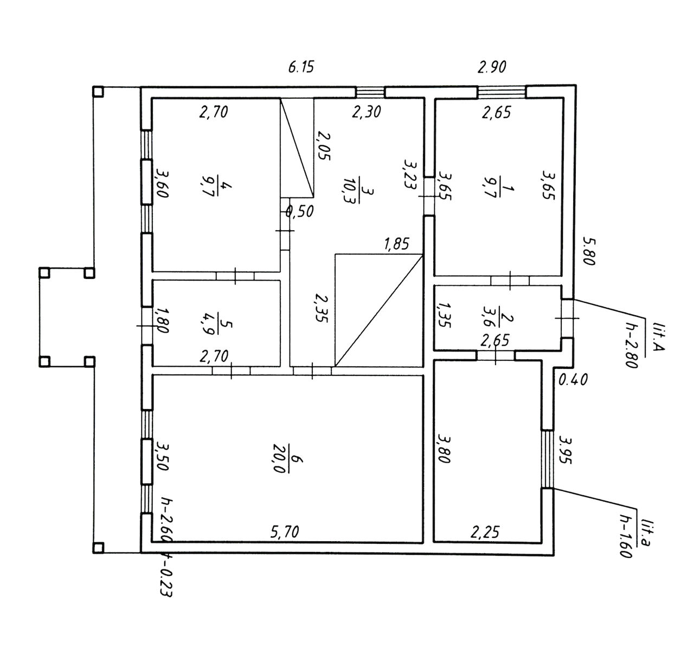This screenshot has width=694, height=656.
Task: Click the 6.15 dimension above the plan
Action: (x=301, y=67)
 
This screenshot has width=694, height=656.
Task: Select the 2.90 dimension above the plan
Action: (x=492, y=67)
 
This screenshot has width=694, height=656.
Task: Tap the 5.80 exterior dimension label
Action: (x=589, y=251)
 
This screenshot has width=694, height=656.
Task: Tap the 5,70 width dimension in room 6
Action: (x=285, y=532)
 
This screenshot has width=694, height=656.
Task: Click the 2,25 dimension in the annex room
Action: (x=485, y=532)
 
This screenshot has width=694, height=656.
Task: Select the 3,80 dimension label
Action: (x=443, y=448)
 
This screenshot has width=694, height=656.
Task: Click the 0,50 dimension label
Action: (x=300, y=211)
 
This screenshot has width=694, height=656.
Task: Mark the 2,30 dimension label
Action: (x=367, y=112)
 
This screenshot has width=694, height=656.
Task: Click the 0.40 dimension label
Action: (x=573, y=380)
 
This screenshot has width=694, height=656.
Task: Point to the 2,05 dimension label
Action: (x=323, y=146)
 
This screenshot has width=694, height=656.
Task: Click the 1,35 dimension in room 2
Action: (x=444, y=315)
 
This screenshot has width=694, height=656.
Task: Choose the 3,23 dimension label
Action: (x=410, y=174)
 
